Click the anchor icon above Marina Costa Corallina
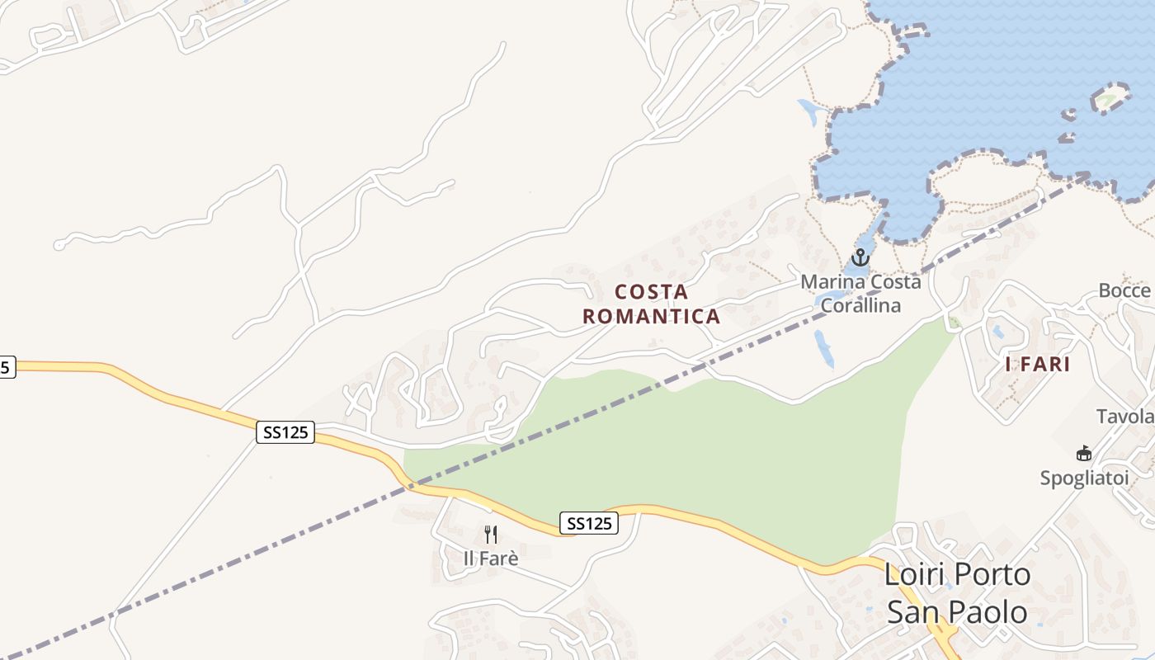(x=860, y=257)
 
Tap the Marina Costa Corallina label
(x=860, y=293)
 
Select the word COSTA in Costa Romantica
(x=651, y=292)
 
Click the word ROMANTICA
(x=651, y=316)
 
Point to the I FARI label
(x=1037, y=365)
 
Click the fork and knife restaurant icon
(x=491, y=535)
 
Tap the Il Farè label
(x=491, y=559)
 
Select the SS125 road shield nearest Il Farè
(x=589, y=523)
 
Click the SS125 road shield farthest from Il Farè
(x=285, y=432)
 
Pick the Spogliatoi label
(x=1083, y=478)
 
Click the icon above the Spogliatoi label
(x=1083, y=453)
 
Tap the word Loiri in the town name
(x=913, y=574)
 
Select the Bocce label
(x=1125, y=290)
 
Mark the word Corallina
(x=860, y=304)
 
